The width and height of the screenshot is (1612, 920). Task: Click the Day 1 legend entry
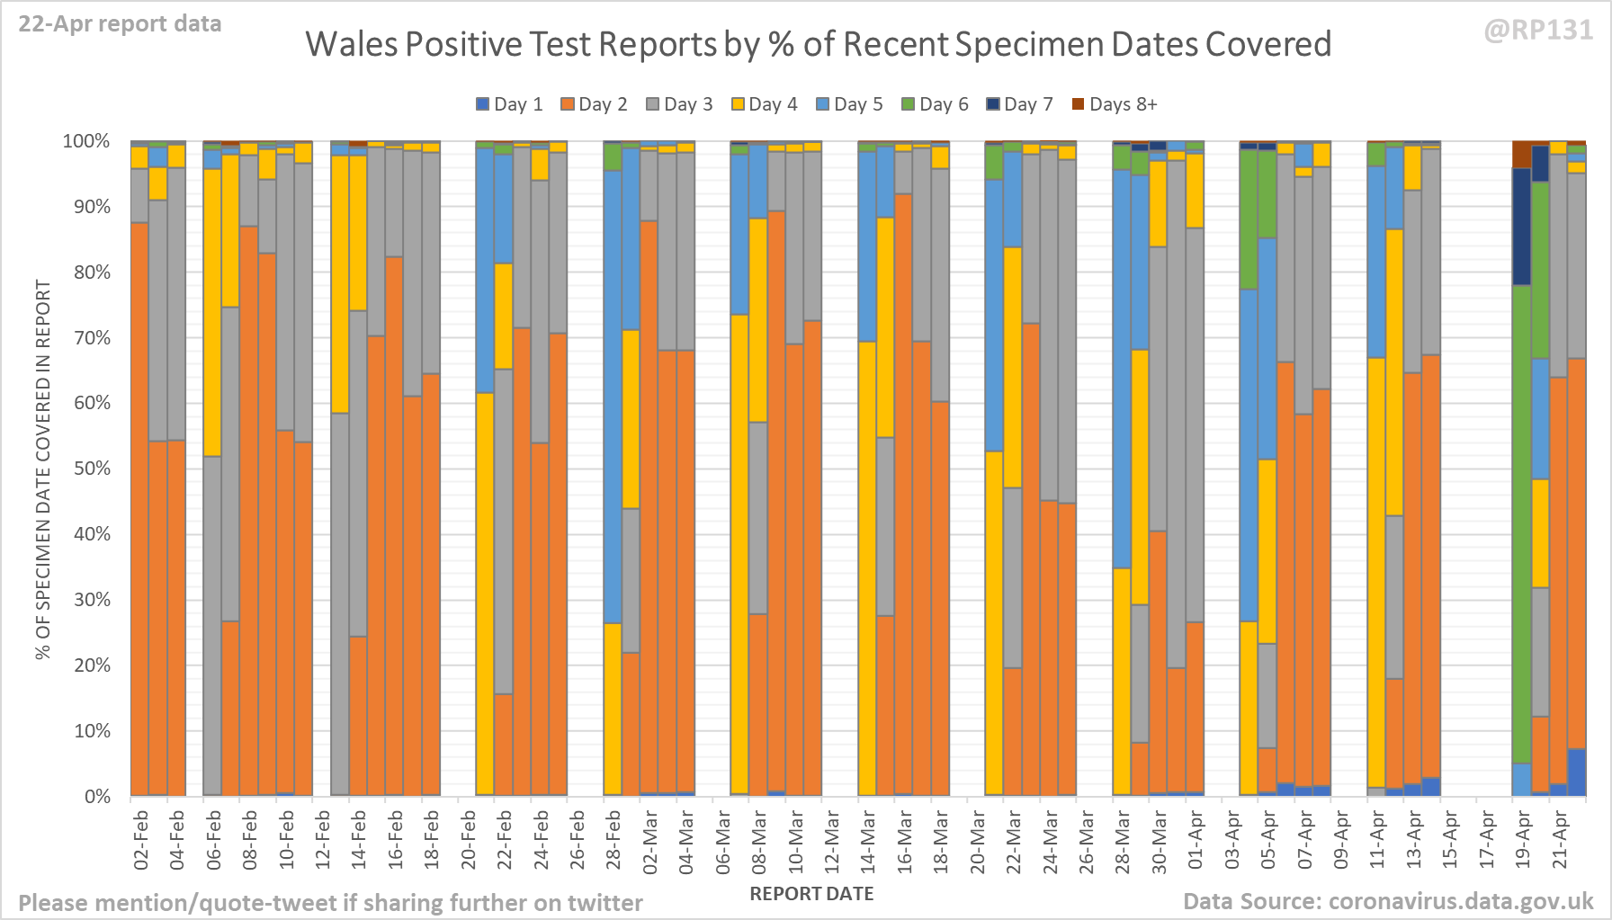tap(509, 104)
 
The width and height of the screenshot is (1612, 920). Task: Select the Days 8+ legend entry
tap(1115, 104)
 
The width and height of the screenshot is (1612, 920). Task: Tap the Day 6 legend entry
tap(935, 104)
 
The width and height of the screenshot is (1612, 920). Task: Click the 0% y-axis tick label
tap(97, 797)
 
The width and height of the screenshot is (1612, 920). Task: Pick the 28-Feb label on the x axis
tap(613, 840)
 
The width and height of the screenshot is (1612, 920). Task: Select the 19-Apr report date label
tap(1523, 840)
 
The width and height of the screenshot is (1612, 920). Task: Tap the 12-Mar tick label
tap(832, 840)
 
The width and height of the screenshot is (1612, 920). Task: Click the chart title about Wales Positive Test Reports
tap(818, 44)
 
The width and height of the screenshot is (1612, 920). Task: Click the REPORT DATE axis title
tap(811, 894)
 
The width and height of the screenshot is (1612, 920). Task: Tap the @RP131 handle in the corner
tap(1538, 31)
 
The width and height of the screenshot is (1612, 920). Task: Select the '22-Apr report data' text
tap(120, 24)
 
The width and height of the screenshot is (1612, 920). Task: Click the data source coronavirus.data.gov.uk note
tap(1387, 901)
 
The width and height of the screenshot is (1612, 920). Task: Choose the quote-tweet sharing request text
tap(330, 903)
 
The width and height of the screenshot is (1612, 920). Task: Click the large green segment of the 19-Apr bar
tap(1522, 522)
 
